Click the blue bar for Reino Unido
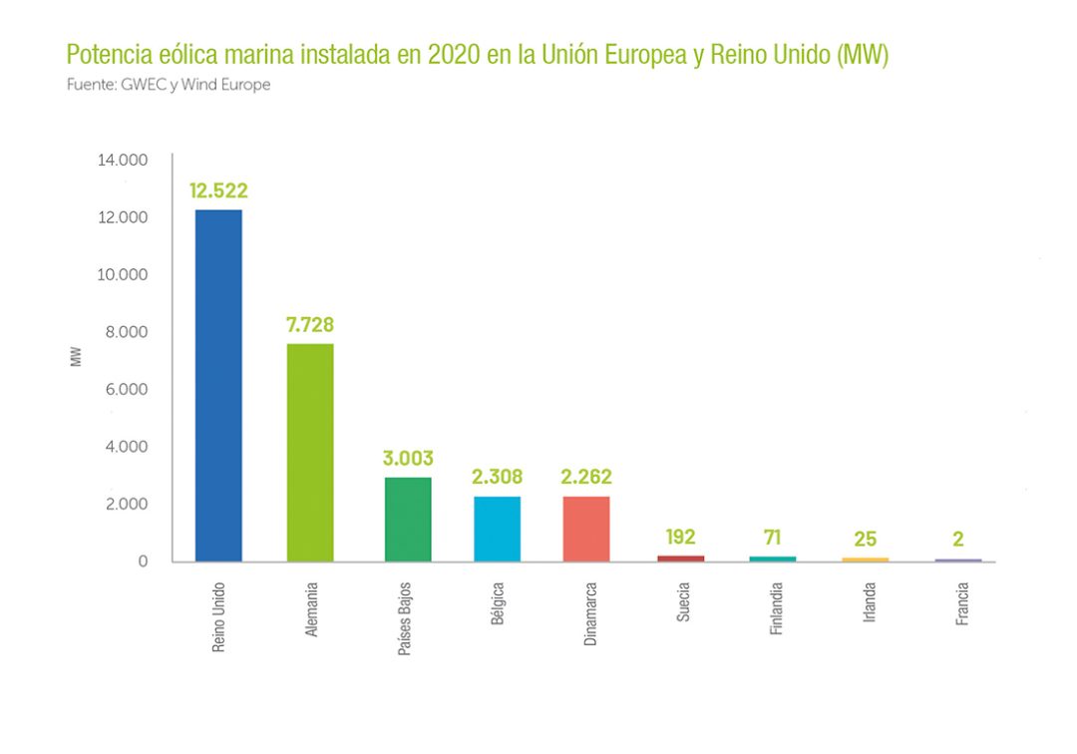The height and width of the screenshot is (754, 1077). click(x=218, y=385)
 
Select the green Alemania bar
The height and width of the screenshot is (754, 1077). click(x=310, y=452)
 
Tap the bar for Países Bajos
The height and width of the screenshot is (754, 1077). click(x=407, y=519)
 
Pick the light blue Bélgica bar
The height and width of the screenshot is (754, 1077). click(x=497, y=529)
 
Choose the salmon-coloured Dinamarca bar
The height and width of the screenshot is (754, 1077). click(x=586, y=529)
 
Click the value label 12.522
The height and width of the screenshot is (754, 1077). click(x=218, y=191)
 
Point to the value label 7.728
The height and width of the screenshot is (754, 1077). click(x=310, y=325)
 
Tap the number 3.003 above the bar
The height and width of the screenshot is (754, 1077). click(x=407, y=459)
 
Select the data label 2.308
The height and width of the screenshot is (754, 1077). click(x=497, y=477)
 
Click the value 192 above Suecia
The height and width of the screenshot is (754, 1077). click(x=680, y=538)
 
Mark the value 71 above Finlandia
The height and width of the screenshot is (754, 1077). click(x=772, y=538)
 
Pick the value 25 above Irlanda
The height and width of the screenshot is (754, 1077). click(x=865, y=540)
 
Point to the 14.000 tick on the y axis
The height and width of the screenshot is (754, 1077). click(x=122, y=160)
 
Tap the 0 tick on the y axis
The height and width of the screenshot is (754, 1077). click(x=143, y=562)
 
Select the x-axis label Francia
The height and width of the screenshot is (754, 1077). click(x=961, y=603)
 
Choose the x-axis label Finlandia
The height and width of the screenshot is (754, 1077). click(x=776, y=610)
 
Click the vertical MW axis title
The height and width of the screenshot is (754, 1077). click(x=77, y=356)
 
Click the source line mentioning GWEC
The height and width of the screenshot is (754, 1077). click(x=168, y=85)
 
